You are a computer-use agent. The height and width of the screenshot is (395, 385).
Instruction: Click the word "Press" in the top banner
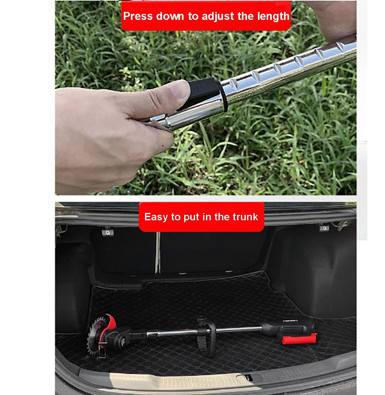pos(138,16)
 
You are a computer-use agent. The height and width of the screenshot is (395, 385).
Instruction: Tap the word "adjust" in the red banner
pos(218,17)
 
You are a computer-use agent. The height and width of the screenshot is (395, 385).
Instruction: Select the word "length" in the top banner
pos(273,17)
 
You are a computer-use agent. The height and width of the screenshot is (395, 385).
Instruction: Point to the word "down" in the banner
pos(170,16)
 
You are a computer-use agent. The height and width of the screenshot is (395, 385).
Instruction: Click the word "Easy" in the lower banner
pos(156,217)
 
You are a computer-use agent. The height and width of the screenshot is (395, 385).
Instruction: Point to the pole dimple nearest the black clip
pos(234,83)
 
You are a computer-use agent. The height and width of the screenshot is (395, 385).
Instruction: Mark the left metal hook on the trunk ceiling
pos(108,233)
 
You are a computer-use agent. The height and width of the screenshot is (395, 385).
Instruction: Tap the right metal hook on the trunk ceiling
pos(324,228)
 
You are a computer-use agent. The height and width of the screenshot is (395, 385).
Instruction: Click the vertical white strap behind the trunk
pos(158,252)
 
